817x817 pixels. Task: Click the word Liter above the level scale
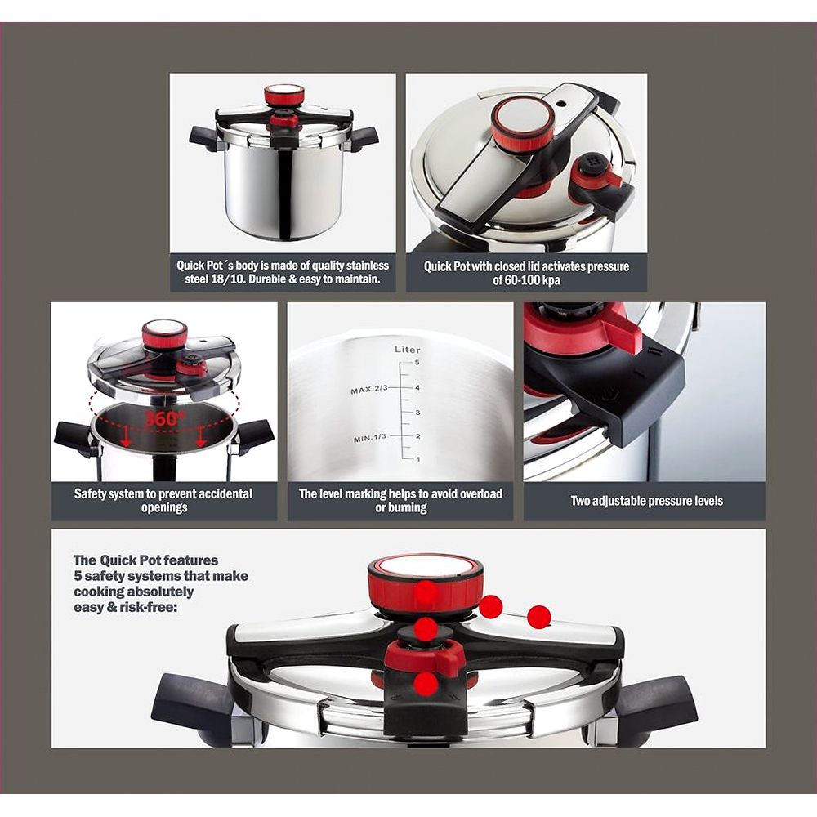pos(407,350)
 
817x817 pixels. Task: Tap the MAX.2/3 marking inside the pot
pos(369,390)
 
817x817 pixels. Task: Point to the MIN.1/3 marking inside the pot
pos(370,438)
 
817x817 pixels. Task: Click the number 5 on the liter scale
pos(417,363)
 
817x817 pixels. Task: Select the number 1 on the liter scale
pos(418,459)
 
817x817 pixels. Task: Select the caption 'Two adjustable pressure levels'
pos(646,502)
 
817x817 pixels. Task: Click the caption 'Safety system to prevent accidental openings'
pos(163,500)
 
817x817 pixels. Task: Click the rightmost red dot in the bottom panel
pos(538,618)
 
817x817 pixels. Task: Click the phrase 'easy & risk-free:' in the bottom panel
pos(126,607)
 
